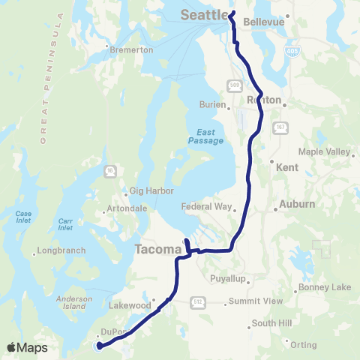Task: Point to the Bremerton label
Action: click(x=131, y=49)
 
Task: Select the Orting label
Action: click(x=304, y=345)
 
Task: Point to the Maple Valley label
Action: click(x=328, y=151)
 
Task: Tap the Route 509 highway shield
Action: click(x=234, y=84)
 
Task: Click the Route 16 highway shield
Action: click(x=110, y=170)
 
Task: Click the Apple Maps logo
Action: click(x=27, y=347)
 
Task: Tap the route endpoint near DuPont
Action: click(x=99, y=346)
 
